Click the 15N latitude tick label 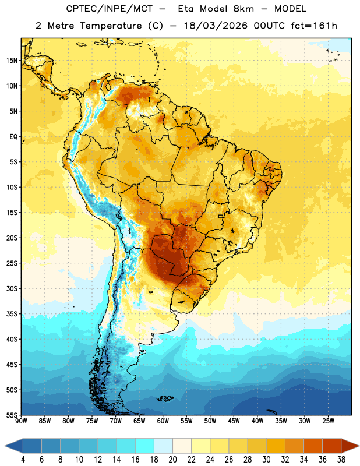[12, 61]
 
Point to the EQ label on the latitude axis [13, 137]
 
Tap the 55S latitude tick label [12, 415]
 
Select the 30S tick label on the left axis [12, 288]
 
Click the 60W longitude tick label [163, 421]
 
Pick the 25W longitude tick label [328, 421]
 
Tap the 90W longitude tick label [21, 421]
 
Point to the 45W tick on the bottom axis [234, 421]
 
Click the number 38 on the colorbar [341, 460]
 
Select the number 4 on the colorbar [23, 460]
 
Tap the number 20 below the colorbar [172, 460]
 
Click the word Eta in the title [186, 9]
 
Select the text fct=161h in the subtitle [314, 26]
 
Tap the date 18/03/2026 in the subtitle [216, 26]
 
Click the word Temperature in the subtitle [111, 26]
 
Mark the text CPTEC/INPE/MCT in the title [109, 9]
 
